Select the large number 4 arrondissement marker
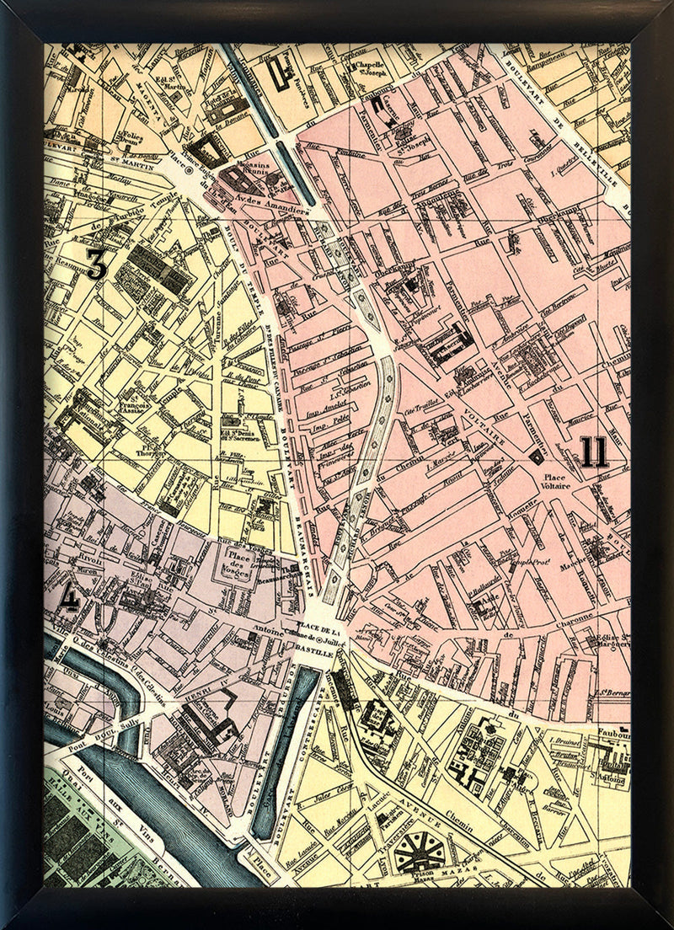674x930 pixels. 71,597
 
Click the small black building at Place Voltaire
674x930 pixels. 534,456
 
